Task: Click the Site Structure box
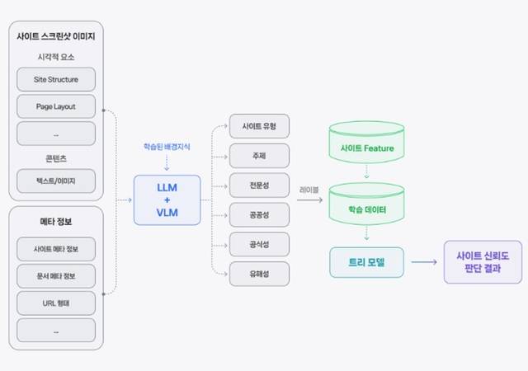[x=55, y=79]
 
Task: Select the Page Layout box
[x=55, y=106]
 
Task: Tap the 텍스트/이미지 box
[x=55, y=180]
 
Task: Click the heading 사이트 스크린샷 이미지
[x=56, y=36]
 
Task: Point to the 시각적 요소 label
[x=56, y=58]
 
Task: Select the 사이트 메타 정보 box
[x=55, y=248]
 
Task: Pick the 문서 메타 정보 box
[x=55, y=275]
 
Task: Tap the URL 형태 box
[x=55, y=301]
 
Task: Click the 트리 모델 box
[x=367, y=262]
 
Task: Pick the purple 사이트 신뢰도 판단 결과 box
[x=482, y=262]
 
